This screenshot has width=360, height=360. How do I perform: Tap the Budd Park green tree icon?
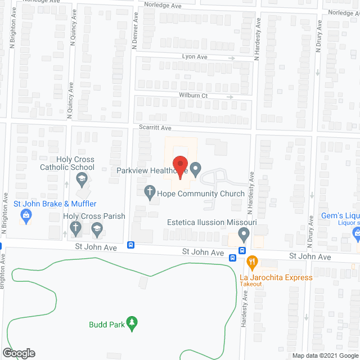pos(132,322)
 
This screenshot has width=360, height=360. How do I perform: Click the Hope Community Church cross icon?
pos(150,192)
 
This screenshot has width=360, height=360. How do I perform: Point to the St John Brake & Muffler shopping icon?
pos(25,214)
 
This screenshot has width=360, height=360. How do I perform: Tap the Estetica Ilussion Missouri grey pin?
pos(244,233)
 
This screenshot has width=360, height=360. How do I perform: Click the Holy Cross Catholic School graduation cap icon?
pos(82,180)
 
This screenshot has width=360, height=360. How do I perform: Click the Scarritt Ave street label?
pos(155,128)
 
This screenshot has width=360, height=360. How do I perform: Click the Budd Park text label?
pos(107,324)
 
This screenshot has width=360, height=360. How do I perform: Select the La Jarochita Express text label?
pos(276,277)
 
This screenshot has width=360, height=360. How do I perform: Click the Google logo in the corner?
pos(18,353)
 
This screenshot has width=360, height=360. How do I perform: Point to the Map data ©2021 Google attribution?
pos(325,356)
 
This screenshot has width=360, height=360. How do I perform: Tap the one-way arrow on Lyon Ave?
pos(232,57)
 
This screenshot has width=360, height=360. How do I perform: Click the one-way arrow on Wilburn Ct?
pos(229,96)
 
